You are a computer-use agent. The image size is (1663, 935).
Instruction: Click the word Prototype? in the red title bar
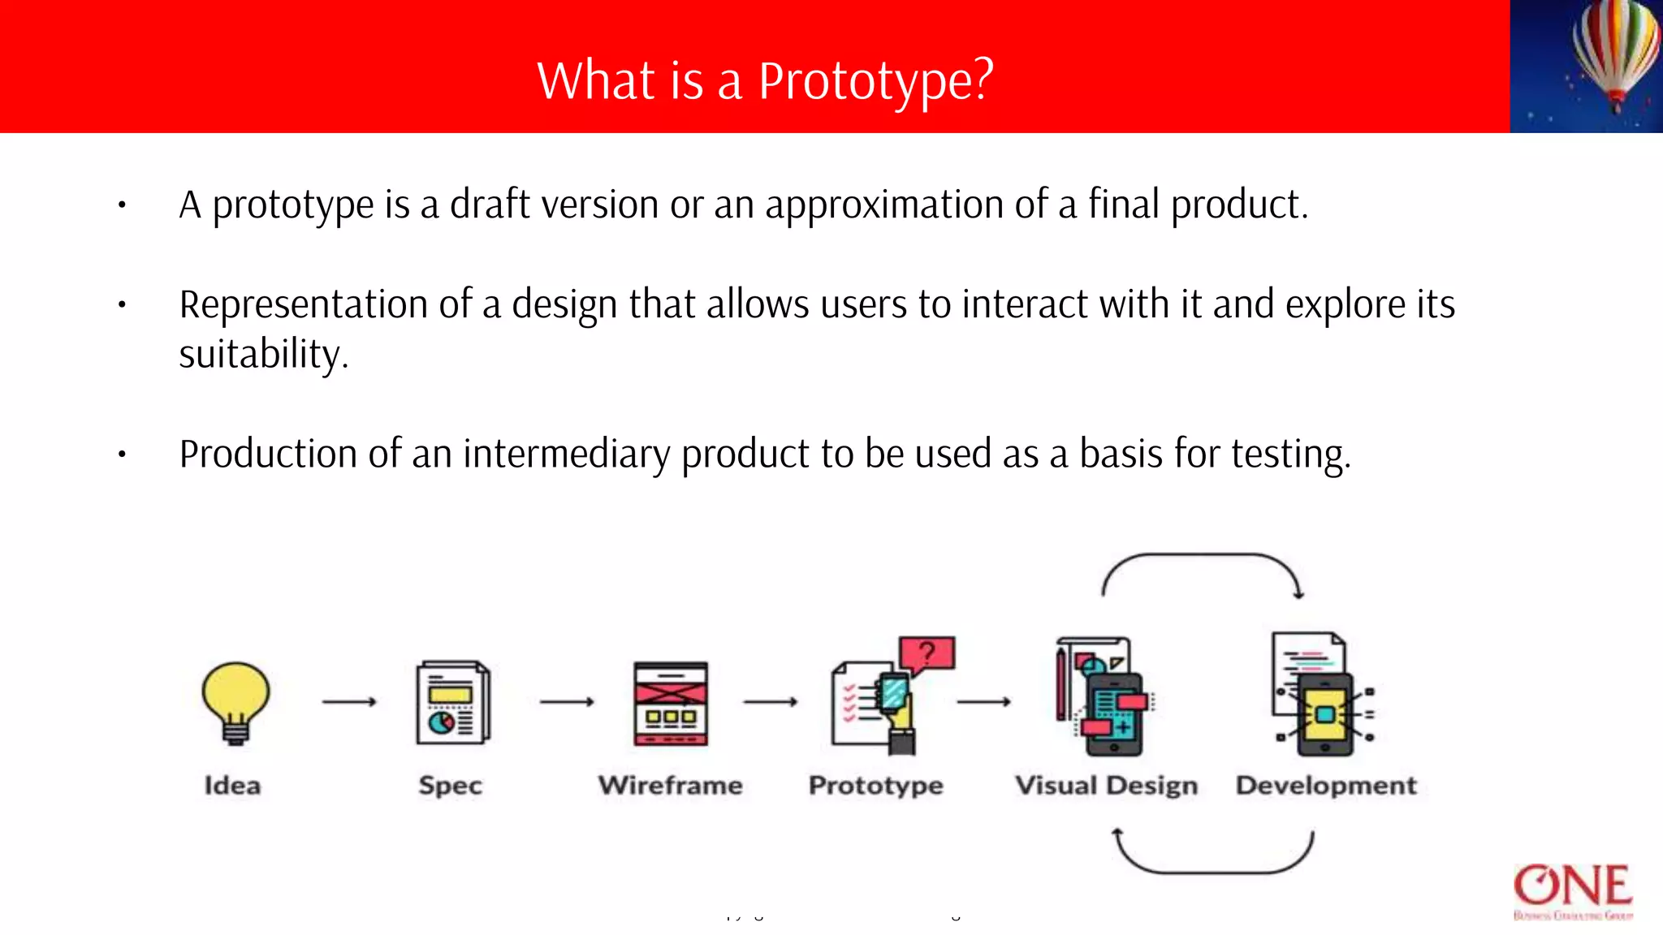pos(875,81)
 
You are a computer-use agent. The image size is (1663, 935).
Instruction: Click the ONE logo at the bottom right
pos(1573,888)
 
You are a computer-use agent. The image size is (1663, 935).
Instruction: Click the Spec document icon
pos(453,703)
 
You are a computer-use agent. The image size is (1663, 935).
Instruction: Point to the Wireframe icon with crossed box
pos(671,703)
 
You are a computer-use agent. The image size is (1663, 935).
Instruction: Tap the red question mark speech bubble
pos(928,653)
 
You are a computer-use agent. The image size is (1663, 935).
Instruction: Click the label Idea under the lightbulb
pos(233,786)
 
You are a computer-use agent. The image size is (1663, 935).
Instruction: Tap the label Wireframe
pos(671,786)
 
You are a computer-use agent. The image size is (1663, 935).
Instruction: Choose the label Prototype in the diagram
pos(876,786)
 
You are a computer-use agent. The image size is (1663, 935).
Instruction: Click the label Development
pos(1326,786)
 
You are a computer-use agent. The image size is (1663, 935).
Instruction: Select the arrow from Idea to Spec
pos(349,701)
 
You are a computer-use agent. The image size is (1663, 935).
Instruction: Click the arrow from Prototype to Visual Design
pos(983,701)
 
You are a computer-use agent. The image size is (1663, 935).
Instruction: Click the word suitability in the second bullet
pos(263,355)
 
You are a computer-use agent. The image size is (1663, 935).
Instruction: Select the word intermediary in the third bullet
pos(566,454)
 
